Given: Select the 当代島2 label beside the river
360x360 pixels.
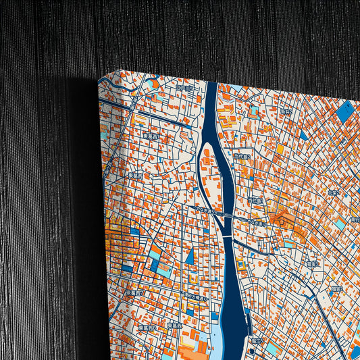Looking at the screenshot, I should tap(242, 157).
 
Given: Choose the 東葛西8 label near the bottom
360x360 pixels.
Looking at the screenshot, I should tap(147, 328).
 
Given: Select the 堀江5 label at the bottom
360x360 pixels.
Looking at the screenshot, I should tap(257, 342).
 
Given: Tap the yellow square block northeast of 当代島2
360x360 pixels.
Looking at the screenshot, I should tap(279, 148).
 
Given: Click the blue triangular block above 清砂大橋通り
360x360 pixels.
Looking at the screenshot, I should tap(190, 256).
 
